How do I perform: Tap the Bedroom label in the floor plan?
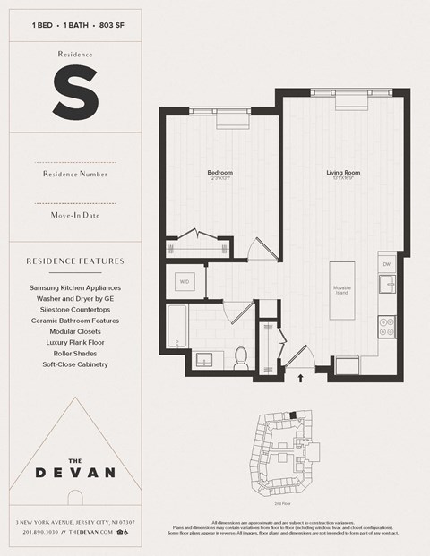tap(220, 172)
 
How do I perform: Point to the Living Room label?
tap(342, 172)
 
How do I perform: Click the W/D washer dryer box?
tap(185, 282)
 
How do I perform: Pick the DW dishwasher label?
tap(387, 265)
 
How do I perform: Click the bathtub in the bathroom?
tap(176, 328)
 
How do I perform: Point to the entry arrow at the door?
tap(301, 378)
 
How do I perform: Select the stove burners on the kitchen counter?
tap(388, 328)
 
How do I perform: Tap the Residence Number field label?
tap(74, 174)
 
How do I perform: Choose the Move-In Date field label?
tap(74, 216)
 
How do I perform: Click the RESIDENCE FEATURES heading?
tap(74, 261)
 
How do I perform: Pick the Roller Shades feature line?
tap(74, 353)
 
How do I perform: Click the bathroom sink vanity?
tap(209, 361)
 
